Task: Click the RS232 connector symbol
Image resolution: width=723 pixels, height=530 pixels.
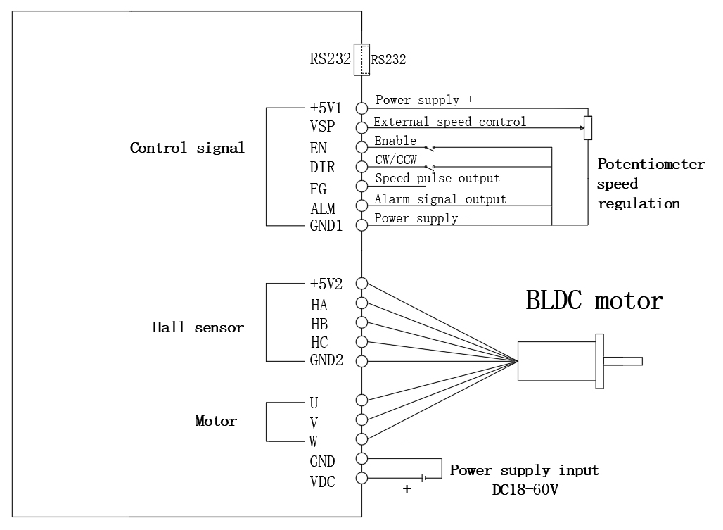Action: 362,59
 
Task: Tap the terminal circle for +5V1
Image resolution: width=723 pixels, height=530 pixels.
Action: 362,108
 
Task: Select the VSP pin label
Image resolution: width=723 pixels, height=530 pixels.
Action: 323,127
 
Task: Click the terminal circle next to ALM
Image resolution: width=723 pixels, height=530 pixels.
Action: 362,206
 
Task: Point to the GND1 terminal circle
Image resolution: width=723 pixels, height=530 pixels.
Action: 362,225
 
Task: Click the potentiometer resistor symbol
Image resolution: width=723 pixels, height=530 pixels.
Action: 588,128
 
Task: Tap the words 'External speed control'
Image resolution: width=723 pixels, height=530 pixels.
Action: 449,122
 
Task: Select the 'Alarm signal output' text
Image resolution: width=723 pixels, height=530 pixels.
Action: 440,199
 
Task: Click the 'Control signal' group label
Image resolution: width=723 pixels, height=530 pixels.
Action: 187,149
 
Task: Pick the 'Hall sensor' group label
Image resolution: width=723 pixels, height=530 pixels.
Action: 198,327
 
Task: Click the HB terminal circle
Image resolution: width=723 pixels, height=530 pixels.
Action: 362,322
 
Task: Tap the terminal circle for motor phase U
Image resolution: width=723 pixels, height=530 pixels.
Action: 362,400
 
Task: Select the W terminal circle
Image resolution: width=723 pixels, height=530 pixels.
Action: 362,439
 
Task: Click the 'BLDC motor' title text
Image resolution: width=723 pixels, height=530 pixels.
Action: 594,301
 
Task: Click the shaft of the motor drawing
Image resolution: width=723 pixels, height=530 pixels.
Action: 623,362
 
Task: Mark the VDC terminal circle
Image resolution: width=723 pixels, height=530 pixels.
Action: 362,479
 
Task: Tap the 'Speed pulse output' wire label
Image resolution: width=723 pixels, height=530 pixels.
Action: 437,179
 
